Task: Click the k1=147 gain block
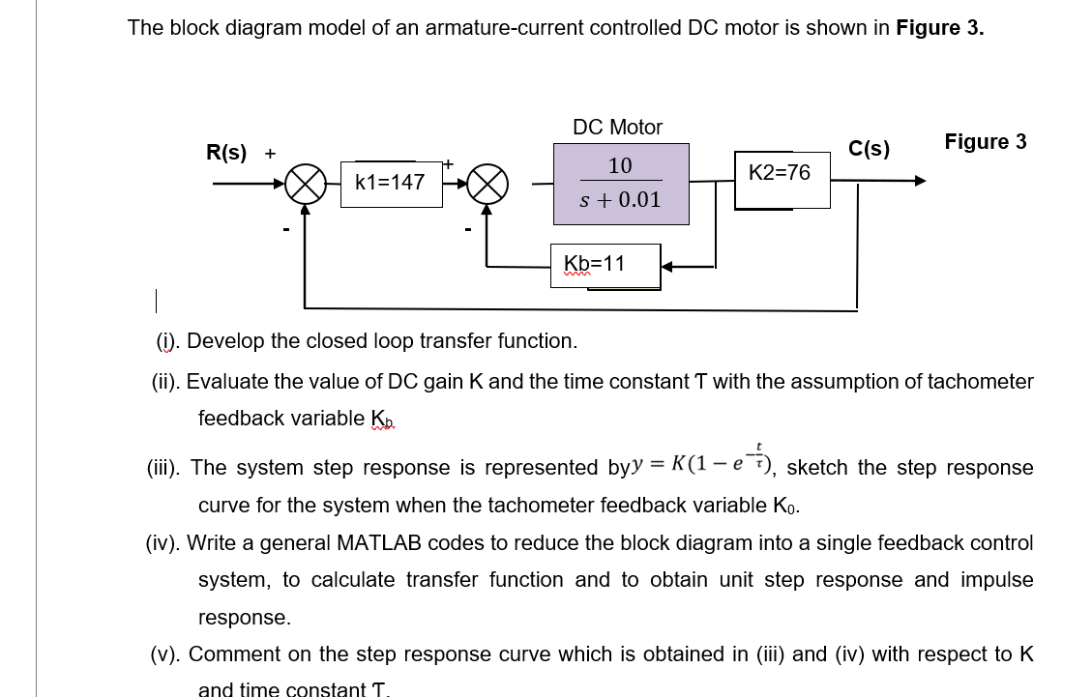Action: pos(390,182)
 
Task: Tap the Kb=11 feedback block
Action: pos(605,265)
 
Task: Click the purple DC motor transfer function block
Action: pos(620,184)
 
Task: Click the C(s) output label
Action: pos(869,149)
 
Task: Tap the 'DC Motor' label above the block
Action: pos(617,127)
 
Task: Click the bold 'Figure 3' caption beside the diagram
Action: pos(985,142)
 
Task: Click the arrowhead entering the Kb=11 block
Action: pos(669,266)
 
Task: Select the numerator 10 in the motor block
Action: pos(620,165)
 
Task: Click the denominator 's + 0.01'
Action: pos(620,200)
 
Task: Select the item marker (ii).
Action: pos(166,382)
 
